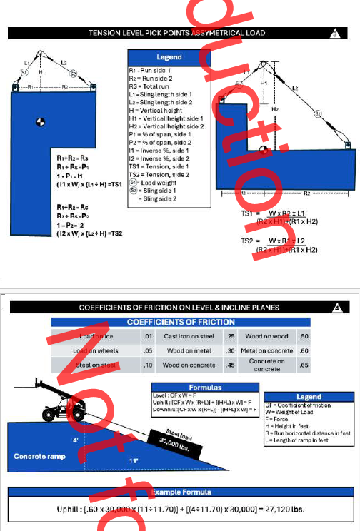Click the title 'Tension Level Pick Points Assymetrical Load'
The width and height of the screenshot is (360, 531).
pyautogui.click(x=176, y=33)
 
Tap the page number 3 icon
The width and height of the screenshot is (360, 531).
pyautogui.click(x=336, y=34)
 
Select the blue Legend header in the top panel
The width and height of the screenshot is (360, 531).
pyautogui.click(x=169, y=56)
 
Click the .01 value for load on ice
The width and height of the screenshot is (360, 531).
pyautogui.click(x=148, y=336)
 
